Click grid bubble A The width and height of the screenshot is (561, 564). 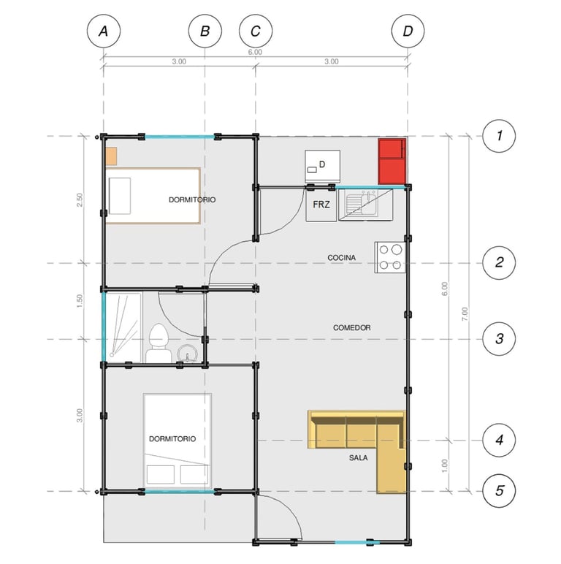104,31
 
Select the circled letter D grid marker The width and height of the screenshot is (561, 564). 408,31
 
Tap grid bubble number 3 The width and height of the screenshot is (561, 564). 499,339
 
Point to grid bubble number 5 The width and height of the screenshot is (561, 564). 499,491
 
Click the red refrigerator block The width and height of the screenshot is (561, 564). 392,161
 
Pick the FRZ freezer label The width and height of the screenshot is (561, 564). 321,205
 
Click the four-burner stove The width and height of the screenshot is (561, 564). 390,257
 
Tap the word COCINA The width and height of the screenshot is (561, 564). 342,258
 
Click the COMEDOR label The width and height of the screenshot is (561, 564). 351,328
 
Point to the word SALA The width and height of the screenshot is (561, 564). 358,458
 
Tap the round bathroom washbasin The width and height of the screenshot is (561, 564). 187,353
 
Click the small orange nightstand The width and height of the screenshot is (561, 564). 111,156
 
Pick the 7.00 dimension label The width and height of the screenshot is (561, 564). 465,314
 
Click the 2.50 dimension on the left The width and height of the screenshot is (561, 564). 80,200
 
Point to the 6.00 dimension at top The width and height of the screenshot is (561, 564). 255,52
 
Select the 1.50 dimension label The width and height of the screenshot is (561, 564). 80,301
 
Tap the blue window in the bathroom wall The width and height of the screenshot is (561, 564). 104,327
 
